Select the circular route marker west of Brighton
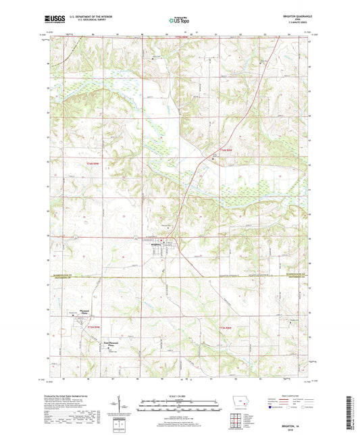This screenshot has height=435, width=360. (x=76, y=238)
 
